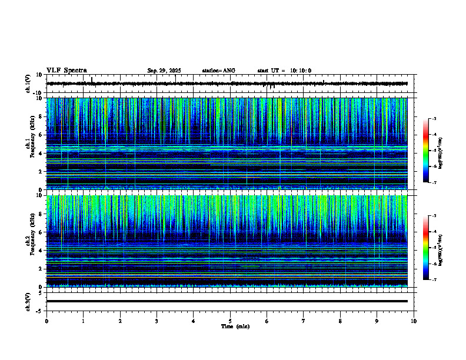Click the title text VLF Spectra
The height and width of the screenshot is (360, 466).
66,71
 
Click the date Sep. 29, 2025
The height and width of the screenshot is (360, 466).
164,71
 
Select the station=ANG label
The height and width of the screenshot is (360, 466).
218,71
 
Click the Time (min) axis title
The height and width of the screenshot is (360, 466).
234,326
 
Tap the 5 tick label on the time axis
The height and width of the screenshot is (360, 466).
230,321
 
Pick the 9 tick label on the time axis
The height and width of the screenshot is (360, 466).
377,321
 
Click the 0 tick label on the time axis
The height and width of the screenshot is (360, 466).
46,321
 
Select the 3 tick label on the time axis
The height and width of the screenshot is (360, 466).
157,321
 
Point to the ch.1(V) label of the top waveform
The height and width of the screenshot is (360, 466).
28,84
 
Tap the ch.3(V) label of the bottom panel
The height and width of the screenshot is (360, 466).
28,301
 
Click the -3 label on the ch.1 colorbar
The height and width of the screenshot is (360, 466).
434,119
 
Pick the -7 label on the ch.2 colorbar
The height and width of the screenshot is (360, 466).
434,280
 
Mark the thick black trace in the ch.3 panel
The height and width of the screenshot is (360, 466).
227,301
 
